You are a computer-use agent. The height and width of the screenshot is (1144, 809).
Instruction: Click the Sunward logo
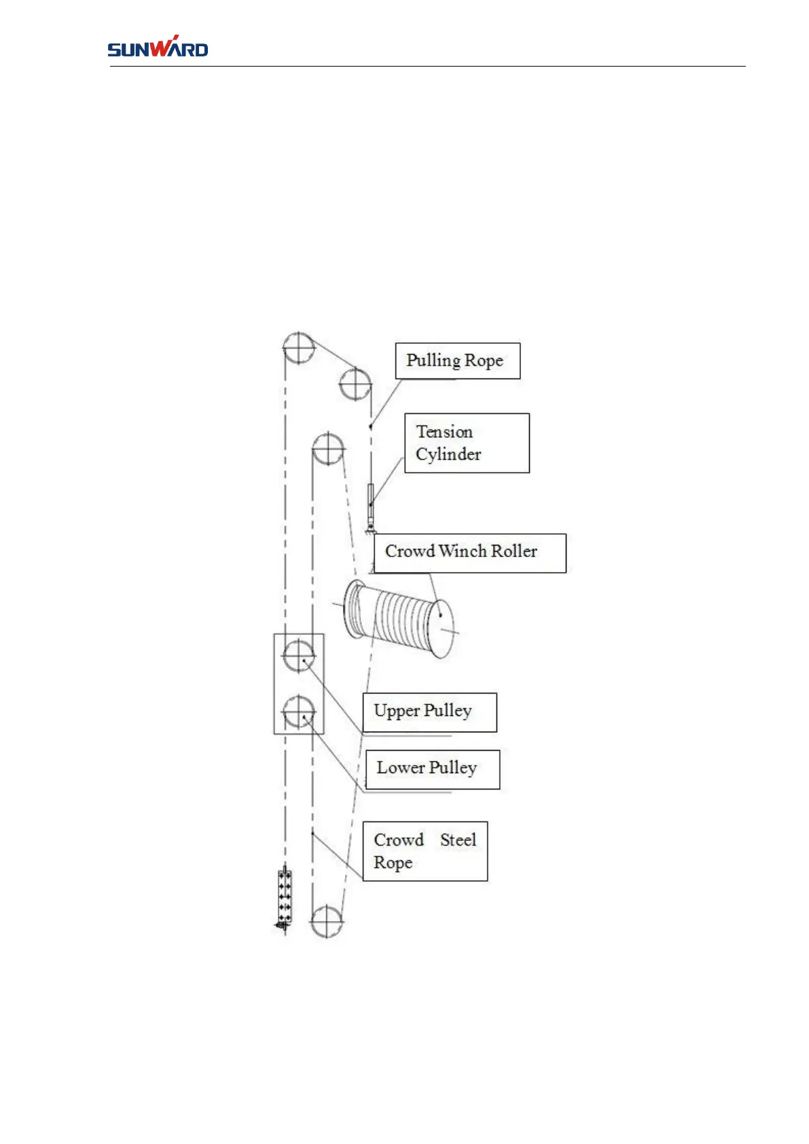click(x=158, y=47)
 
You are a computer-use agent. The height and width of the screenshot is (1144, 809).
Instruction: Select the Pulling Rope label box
click(x=457, y=361)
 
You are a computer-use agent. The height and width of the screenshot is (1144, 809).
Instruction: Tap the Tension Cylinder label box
click(x=467, y=443)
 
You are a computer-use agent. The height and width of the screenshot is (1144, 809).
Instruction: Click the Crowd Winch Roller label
click(x=469, y=553)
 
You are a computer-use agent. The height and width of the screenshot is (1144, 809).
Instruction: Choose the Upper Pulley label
click(x=429, y=712)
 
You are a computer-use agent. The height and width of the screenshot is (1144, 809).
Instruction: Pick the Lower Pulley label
click(x=432, y=769)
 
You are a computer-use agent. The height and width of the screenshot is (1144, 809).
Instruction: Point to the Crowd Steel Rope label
click(x=425, y=851)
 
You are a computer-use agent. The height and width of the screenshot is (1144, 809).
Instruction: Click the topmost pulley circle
click(x=299, y=348)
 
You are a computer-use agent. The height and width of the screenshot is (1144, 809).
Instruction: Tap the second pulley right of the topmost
click(x=355, y=384)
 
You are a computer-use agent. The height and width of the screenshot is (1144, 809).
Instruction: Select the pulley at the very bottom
click(x=327, y=921)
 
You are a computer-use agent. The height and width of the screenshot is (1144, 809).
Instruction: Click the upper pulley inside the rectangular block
click(x=298, y=656)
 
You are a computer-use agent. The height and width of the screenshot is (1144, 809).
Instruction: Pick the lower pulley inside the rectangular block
click(x=298, y=711)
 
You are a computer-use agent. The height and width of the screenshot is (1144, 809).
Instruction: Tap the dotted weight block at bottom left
click(x=285, y=897)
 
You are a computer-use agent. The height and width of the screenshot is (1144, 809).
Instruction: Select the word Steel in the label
click(x=459, y=840)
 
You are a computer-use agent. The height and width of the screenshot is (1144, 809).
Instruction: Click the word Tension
click(x=444, y=432)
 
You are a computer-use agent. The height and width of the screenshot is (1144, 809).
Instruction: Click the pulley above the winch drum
click(x=328, y=448)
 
